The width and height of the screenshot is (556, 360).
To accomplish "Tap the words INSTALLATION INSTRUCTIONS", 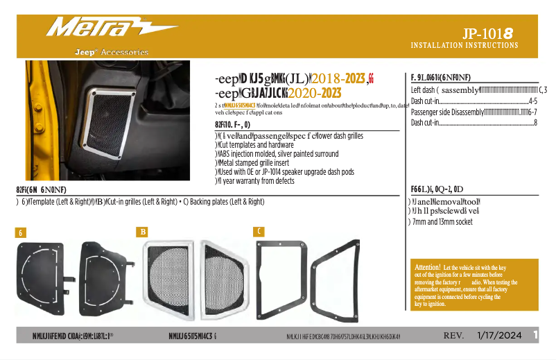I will click(x=464, y=46).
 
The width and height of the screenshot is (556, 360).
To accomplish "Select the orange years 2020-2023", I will click(x=313, y=93).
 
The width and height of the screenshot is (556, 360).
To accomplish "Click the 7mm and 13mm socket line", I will click(x=442, y=223).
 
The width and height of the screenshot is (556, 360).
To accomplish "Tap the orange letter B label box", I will click(x=142, y=232).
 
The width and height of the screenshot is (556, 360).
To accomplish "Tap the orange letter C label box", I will click(x=259, y=231).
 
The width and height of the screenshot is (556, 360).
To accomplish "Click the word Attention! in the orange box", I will click(x=427, y=268).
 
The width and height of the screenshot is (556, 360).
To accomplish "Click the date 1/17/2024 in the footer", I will click(x=498, y=336).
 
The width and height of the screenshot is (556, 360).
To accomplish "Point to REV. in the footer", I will click(x=453, y=336).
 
